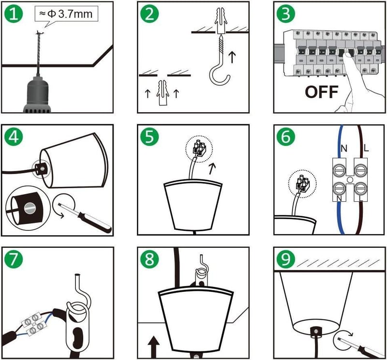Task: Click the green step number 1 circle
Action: (x=14, y=14)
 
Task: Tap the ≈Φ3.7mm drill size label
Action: (x=66, y=14)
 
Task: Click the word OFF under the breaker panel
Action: (x=321, y=92)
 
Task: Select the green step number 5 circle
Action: (x=150, y=136)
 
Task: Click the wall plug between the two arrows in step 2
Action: (x=162, y=92)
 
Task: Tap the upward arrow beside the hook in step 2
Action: (x=232, y=57)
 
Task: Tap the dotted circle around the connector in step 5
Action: (x=199, y=149)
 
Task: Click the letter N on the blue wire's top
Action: (x=343, y=148)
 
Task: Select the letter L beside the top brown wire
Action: (x=366, y=148)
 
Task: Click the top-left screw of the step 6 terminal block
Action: (x=339, y=170)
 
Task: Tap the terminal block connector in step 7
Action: (x=34, y=324)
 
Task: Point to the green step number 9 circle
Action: (x=286, y=259)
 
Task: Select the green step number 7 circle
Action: (x=14, y=259)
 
